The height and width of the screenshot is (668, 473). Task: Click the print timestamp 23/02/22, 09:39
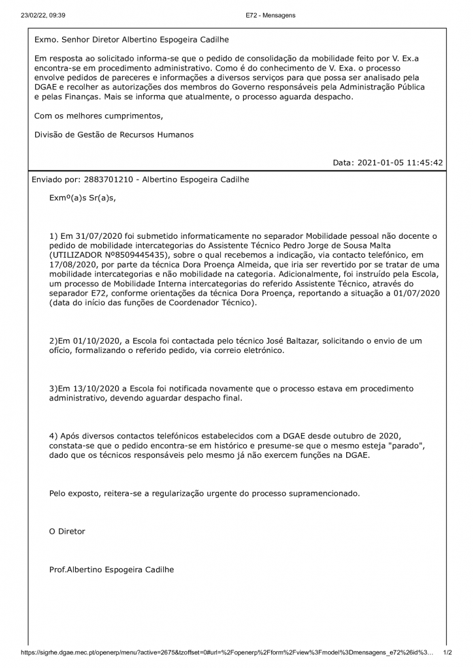[39, 15]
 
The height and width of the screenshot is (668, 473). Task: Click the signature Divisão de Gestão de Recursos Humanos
[114, 134]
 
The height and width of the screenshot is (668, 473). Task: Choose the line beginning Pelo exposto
[204, 493]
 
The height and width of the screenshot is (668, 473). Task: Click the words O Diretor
[67, 531]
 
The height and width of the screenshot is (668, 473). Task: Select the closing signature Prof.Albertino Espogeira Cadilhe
[112, 569]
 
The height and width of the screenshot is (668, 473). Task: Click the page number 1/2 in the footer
[448, 652]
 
